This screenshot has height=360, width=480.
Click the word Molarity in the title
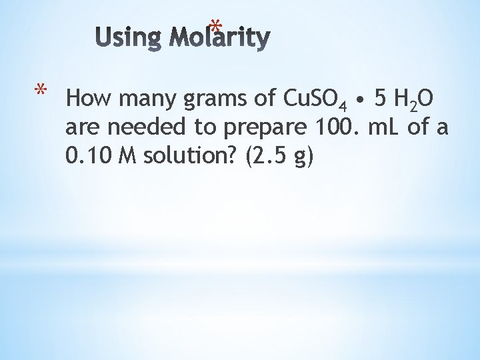tap(219, 39)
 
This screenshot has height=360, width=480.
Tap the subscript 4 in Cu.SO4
tap(341, 105)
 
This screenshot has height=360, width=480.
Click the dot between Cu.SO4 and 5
tap(359, 101)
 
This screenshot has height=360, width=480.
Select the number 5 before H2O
tap(379, 99)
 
